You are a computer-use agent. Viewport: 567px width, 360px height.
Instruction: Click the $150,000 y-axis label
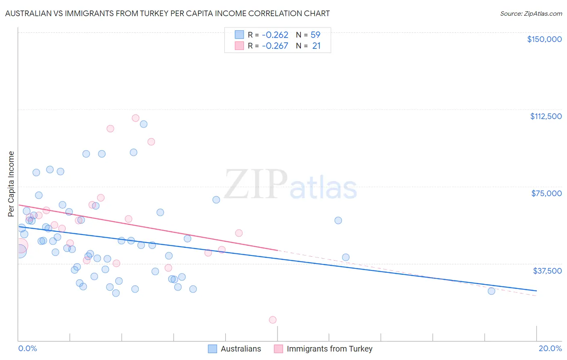(544, 39)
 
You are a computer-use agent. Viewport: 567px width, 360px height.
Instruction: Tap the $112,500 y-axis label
(546, 116)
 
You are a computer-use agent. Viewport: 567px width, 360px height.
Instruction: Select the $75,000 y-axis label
(546, 193)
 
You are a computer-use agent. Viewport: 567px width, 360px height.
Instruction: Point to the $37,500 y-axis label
(547, 270)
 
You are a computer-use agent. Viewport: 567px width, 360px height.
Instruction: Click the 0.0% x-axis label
(27, 348)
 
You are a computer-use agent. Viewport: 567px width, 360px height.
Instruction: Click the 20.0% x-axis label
(550, 348)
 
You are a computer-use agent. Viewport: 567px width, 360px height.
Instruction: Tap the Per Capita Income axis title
(11, 184)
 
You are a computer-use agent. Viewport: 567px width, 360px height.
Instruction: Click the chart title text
(167, 13)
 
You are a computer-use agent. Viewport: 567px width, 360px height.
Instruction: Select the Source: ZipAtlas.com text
(531, 13)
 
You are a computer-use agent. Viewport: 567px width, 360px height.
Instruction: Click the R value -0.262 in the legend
(275, 35)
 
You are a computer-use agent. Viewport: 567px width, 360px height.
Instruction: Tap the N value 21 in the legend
(316, 46)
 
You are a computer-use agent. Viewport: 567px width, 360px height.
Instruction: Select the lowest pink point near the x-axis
(273, 320)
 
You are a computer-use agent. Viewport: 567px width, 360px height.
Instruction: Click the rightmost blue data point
(491, 291)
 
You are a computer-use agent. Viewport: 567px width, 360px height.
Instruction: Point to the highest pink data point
(135, 118)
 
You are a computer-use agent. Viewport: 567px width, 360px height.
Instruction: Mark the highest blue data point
(144, 124)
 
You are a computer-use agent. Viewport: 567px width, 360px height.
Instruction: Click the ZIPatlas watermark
(290, 185)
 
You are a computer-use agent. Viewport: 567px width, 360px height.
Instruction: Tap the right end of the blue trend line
(536, 291)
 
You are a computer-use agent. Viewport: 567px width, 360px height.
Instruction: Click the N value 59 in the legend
(315, 35)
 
